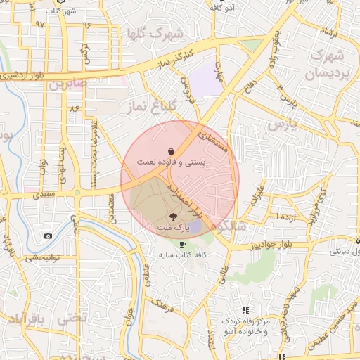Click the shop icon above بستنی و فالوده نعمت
(172, 151)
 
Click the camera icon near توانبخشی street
(47, 236)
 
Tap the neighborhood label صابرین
(68, 84)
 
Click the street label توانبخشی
(42, 258)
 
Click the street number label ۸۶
(73, 108)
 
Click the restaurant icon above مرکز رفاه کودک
(245, 310)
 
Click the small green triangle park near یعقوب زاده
(250, 45)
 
